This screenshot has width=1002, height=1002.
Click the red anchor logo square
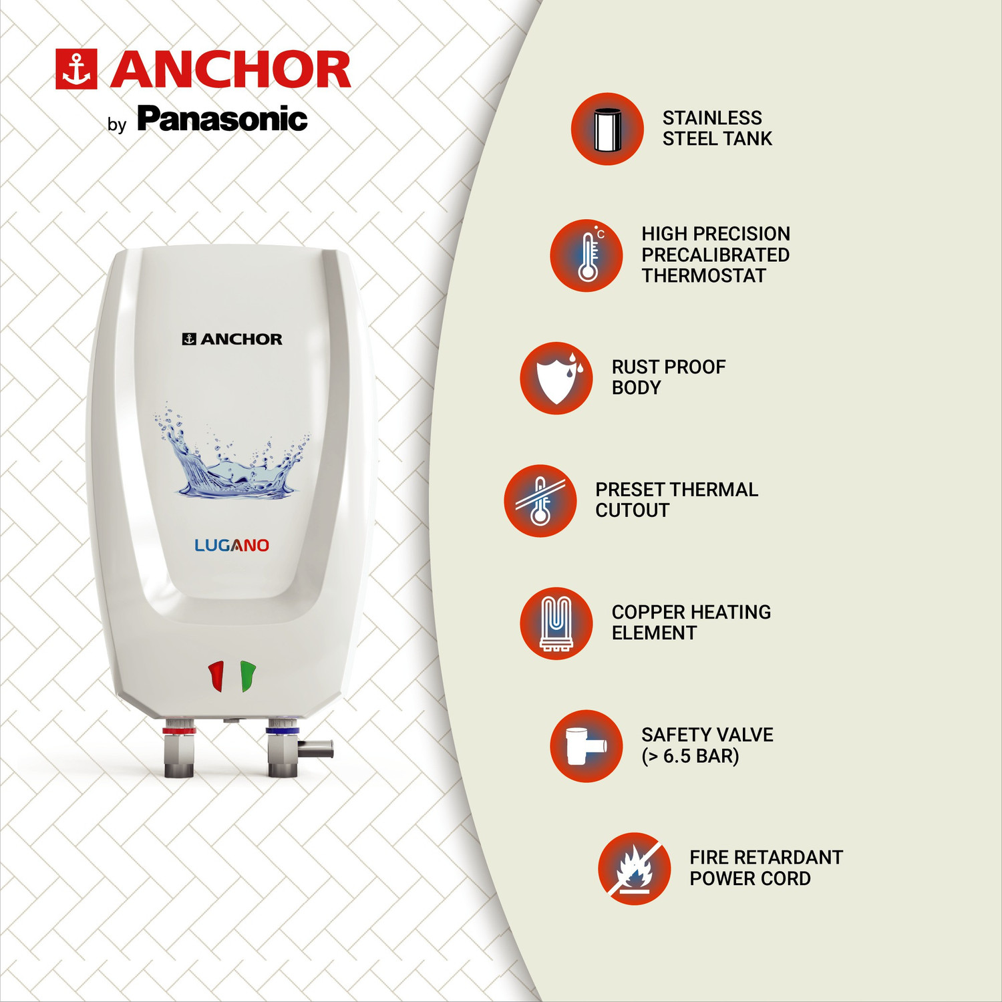tap(76, 69)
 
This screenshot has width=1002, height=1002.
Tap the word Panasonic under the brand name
tap(222, 120)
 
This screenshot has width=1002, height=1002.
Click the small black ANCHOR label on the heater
tap(232, 339)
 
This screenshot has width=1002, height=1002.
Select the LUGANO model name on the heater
tap(232, 545)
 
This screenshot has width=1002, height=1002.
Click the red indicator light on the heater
tap(216, 676)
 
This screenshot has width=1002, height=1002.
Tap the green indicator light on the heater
tap(247, 676)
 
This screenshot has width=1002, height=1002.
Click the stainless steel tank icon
tap(607, 129)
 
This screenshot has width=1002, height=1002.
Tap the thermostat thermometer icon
tap(587, 256)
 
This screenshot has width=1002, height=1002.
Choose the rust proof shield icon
tap(556, 378)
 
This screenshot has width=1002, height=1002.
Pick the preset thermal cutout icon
tap(540, 500)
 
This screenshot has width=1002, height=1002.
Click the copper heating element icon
tap(556, 623)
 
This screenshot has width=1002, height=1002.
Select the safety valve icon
tap(586, 746)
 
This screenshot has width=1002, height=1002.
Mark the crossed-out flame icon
tap(634, 868)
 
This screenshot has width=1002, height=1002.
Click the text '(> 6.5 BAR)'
tap(690, 756)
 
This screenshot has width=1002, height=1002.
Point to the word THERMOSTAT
tap(703, 276)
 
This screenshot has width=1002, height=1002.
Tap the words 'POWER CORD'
tap(749, 879)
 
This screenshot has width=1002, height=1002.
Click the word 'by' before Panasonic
tap(117, 125)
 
